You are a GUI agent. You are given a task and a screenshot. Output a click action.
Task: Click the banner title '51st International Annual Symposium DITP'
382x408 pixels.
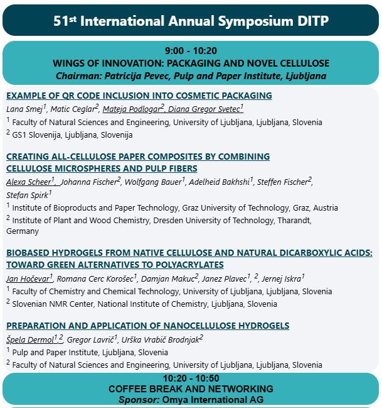tap(191, 21)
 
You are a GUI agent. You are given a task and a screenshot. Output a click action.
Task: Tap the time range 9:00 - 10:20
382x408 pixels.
tap(191, 51)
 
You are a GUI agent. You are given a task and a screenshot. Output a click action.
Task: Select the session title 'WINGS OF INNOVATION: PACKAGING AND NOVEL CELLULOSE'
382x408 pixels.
tap(191, 63)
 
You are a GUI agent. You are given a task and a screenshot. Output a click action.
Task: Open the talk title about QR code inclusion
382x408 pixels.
tap(139, 96)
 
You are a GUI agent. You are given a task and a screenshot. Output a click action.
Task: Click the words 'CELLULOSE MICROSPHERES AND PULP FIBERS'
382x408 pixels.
tap(102, 168)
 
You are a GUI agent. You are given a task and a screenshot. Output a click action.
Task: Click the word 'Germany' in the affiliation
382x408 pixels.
tap(23, 231)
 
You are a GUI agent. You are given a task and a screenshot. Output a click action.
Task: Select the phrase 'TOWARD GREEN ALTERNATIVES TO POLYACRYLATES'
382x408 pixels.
tap(115, 265)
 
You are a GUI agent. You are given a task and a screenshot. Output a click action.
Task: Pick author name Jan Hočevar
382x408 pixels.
tap(28, 278)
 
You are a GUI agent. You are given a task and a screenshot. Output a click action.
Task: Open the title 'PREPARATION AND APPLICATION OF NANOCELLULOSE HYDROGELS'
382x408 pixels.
tap(147, 326)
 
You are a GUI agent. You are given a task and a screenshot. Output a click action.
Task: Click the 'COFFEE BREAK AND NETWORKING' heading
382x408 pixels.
tap(191, 389)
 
